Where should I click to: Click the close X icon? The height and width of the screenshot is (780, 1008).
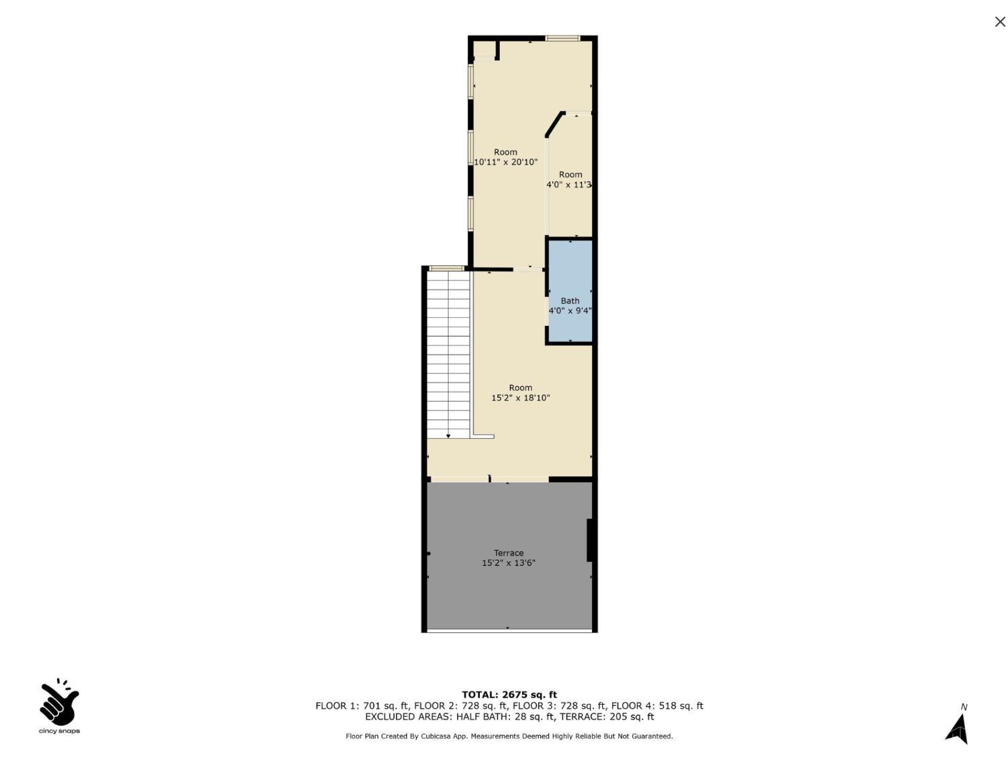pos(1000,22)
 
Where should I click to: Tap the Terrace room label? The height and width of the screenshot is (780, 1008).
pos(509,553)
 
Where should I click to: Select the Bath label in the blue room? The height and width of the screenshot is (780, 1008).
pos(570,301)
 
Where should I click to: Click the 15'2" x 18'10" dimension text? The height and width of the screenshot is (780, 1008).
pos(521,398)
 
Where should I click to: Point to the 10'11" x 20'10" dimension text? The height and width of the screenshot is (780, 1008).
pos(505,162)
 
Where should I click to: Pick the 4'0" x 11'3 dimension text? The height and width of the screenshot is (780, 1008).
pos(569,185)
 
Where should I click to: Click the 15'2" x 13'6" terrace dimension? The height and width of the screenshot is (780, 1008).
pos(509,563)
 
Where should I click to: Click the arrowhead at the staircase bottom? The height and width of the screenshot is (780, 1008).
pos(448,436)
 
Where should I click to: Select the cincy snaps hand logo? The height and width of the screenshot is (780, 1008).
pos(59,703)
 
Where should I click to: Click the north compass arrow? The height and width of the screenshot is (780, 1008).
pos(958,729)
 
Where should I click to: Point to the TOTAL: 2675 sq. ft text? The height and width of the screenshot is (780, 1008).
pos(509,695)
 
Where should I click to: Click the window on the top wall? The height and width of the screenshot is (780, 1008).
pos(562,38)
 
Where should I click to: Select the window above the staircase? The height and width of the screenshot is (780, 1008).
pos(446,268)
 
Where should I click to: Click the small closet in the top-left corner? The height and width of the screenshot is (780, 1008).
pos(484,50)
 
